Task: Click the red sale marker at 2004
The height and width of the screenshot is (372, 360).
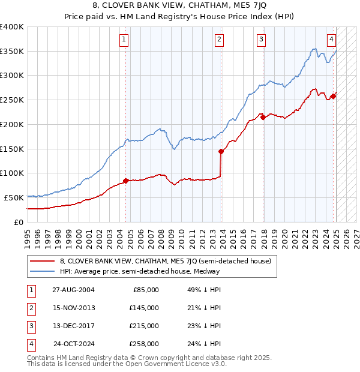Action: click(125, 180)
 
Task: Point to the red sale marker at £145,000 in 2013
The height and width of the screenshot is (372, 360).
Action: click(221, 151)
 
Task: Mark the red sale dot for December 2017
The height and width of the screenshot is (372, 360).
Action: click(263, 117)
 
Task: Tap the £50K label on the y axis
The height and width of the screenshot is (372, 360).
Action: click(14, 197)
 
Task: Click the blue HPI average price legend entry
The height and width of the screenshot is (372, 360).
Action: click(140, 271)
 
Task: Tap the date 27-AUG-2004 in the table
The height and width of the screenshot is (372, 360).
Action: click(74, 290)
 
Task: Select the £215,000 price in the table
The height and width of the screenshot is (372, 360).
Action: click(144, 326)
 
